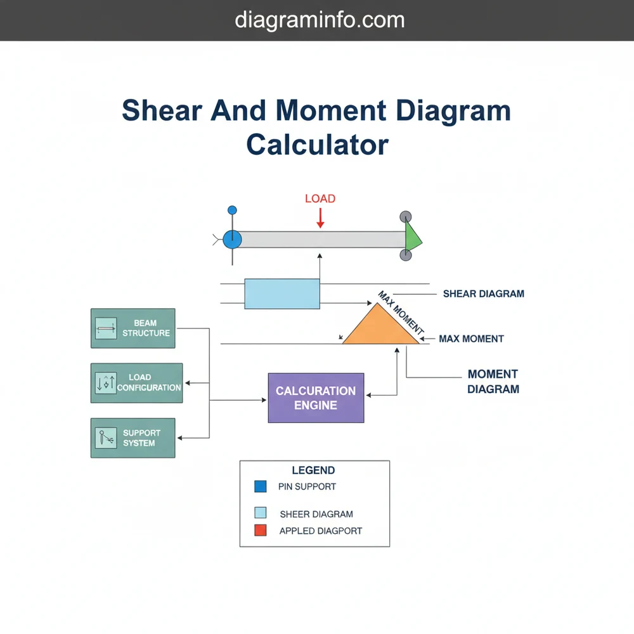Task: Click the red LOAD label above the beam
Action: [x=320, y=198]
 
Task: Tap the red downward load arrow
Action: [x=320, y=218]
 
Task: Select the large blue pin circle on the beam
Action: [x=233, y=239]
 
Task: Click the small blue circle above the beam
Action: [x=232, y=210]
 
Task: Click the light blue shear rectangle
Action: [x=282, y=294]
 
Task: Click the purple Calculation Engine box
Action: [x=316, y=398]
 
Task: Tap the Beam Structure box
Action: [x=133, y=328]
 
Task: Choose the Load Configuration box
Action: [x=136, y=383]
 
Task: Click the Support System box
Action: [x=133, y=438]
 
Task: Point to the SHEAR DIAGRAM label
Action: [x=483, y=294]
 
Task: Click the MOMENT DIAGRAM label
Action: [x=493, y=382]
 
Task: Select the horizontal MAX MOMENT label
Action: [x=471, y=339]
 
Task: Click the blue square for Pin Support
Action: [x=260, y=487]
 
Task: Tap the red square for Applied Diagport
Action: [x=260, y=531]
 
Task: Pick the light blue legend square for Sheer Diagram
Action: [x=260, y=513]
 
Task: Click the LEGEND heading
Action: [x=313, y=470]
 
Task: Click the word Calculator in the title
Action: [x=317, y=145]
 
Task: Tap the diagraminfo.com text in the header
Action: [x=320, y=20]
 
